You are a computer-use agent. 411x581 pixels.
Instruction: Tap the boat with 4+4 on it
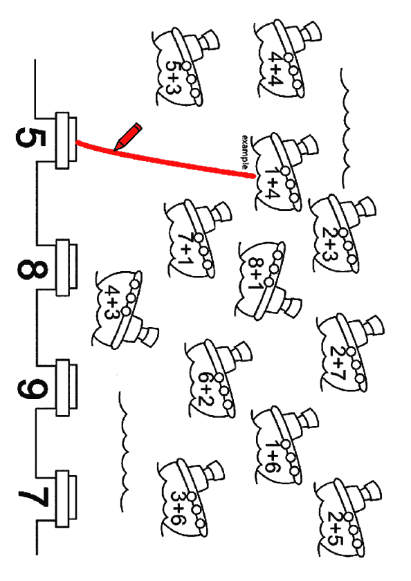coord(285,59)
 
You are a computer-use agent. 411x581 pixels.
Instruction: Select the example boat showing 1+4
coord(284,172)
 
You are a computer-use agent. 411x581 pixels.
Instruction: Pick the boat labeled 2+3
coord(341,234)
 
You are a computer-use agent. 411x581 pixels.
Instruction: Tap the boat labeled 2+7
coord(349,353)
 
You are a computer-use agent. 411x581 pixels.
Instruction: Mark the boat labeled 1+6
coord(284,445)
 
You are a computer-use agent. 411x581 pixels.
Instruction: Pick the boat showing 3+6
coord(190,497)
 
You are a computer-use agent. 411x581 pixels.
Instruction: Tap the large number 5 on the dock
coord(31,138)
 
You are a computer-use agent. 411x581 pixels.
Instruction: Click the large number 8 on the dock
coord(33,269)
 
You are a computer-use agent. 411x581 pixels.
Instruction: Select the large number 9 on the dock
coord(33,389)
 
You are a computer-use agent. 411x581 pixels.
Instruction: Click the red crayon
coord(128,137)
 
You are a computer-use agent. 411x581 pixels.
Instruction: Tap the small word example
coord(245,152)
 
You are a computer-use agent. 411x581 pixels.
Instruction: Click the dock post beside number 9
coord(66,387)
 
